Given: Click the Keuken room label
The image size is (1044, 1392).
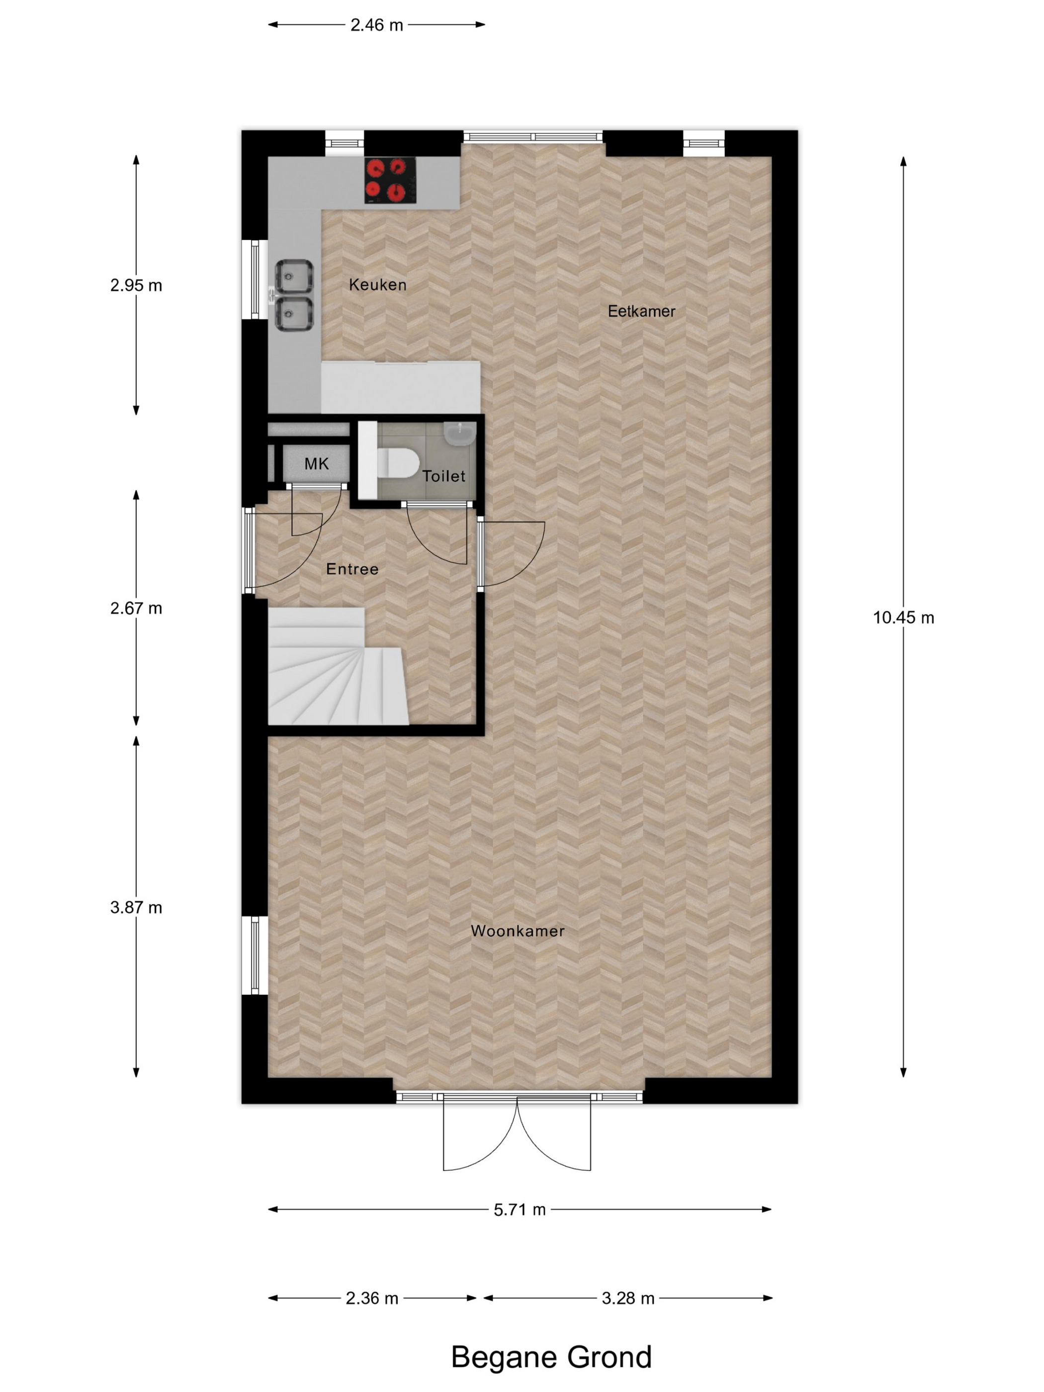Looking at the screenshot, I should click(x=377, y=284).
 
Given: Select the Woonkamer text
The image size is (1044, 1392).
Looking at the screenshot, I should click(x=518, y=931).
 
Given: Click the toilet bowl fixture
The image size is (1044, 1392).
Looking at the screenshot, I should click(x=397, y=464).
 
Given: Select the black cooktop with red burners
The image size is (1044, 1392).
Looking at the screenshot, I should click(x=390, y=180).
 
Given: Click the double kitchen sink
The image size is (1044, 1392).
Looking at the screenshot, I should click(x=294, y=295).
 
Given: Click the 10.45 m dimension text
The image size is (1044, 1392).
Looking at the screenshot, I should click(x=902, y=617).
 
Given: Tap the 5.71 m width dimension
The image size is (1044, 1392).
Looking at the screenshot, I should click(x=519, y=1210).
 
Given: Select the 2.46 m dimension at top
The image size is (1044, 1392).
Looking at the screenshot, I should click(x=376, y=25).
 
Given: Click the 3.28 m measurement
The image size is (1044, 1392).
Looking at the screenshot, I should click(x=627, y=1298).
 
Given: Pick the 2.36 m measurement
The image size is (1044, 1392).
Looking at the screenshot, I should click(x=371, y=1298).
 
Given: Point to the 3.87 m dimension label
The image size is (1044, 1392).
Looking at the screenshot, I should click(x=136, y=907).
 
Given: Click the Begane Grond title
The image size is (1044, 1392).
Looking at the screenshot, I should click(x=551, y=1357).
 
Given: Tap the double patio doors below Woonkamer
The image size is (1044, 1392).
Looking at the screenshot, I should click(x=517, y=1132).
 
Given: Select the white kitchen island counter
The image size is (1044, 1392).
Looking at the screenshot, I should click(x=400, y=388).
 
